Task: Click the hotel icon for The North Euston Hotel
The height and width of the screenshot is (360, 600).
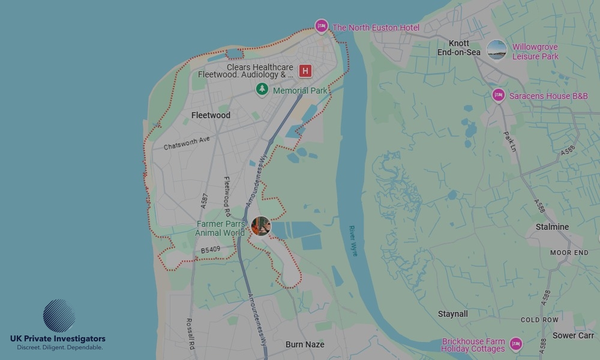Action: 322,26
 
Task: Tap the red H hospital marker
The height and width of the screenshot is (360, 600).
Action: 305,71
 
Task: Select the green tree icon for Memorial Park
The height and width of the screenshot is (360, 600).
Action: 262,89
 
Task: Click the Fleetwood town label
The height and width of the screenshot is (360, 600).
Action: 211,115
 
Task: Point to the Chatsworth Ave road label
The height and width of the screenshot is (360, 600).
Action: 187,143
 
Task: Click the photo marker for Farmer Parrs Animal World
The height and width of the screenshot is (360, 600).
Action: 261,226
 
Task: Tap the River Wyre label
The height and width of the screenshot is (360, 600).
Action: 353,241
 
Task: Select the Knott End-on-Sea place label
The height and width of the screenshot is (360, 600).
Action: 459,48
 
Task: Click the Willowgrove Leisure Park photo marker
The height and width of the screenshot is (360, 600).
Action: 497,50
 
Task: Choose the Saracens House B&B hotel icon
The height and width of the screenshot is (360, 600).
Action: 498,95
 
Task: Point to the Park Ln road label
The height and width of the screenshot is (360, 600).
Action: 509,142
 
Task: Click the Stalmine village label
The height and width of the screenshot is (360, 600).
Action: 552,227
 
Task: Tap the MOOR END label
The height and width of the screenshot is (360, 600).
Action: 569,253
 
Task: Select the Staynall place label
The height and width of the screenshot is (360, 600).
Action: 453,314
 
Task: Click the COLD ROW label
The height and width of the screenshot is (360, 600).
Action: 539,320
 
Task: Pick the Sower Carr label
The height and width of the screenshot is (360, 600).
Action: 573,335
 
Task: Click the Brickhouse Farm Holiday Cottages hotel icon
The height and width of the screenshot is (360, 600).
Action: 515,344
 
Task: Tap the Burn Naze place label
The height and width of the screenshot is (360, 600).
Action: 305,344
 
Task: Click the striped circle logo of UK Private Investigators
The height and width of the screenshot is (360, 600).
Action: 59,316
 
